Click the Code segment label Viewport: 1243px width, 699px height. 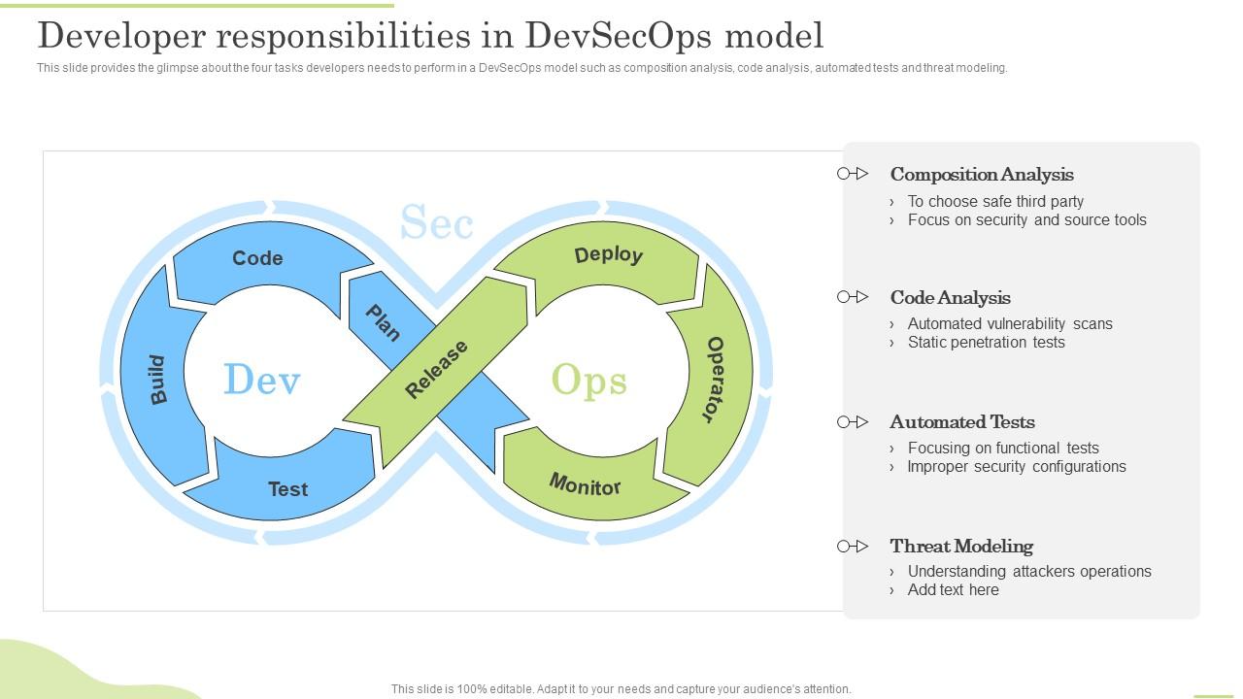(257, 258)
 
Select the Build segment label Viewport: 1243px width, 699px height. (158, 380)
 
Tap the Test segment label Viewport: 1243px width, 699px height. (287, 489)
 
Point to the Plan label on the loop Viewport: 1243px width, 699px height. (383, 323)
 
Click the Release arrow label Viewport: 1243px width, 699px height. (436, 370)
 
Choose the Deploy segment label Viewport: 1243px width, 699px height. (608, 255)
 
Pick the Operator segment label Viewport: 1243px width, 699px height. (714, 380)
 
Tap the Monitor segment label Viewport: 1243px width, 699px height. (585, 484)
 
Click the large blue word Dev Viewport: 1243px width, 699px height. (261, 380)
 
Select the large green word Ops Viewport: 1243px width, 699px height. (588, 380)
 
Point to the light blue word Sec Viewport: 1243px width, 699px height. (436, 222)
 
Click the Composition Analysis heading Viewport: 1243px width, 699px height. (981, 175)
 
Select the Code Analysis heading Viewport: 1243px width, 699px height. (950, 298)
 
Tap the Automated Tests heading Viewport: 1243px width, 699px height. (961, 422)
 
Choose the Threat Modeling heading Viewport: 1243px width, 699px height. (960, 547)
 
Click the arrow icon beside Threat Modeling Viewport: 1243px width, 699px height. (853, 547)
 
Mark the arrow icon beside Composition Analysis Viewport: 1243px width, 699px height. (853, 174)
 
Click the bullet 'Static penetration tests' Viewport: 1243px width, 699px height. (986, 343)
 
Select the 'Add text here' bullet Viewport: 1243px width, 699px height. (953, 590)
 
